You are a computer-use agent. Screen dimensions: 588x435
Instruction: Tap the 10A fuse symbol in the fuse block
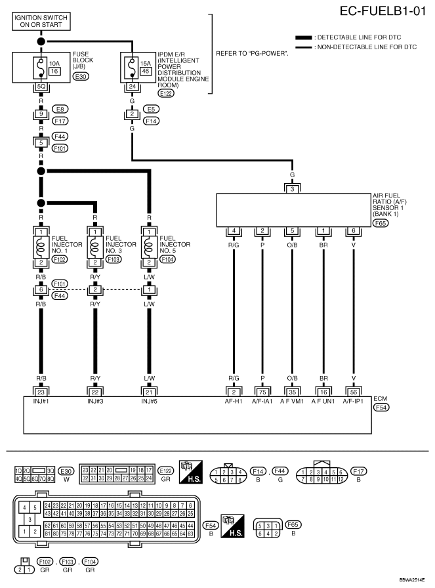39,67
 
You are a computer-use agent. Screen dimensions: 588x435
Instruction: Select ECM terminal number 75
262,392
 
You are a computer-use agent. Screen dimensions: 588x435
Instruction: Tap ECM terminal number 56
354,392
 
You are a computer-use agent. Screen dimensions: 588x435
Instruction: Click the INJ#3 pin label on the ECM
94,400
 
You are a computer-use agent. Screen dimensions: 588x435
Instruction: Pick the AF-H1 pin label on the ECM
233,400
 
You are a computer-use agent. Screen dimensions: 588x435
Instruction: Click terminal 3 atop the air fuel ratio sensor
293,189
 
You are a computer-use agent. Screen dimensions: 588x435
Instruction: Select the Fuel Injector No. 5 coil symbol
150,247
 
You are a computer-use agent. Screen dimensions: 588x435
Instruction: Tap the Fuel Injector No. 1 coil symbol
41,247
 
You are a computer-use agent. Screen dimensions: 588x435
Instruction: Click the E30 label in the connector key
65,471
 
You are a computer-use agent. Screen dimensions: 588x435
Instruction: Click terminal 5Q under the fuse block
41,86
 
